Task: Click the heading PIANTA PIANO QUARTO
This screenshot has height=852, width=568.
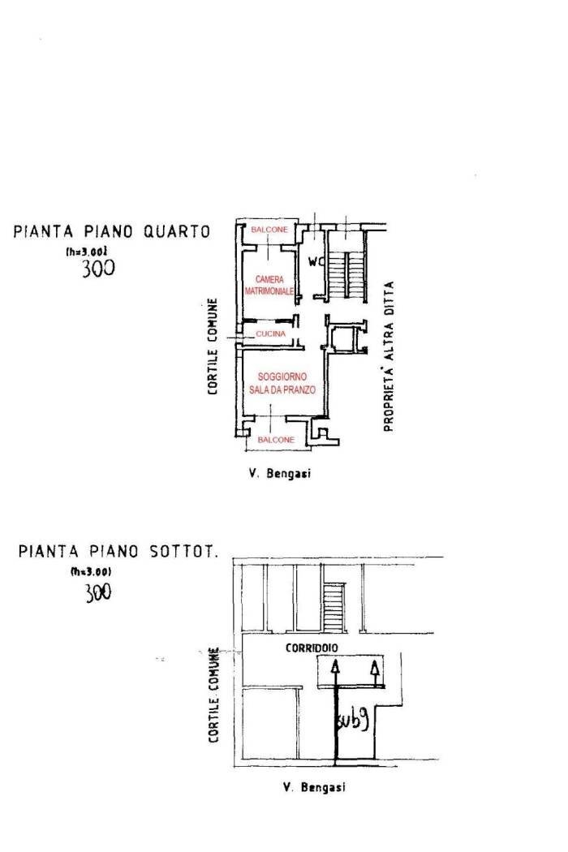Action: tap(112, 231)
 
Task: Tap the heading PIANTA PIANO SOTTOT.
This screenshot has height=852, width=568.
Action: tap(118, 553)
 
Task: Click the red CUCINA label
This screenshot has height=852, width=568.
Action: tap(270, 333)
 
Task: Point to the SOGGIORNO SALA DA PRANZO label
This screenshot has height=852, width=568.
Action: tap(282, 383)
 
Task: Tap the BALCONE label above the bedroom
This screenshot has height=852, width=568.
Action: tap(268, 231)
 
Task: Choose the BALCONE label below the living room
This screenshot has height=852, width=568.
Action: tap(276, 439)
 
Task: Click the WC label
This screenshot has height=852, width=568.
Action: tap(315, 261)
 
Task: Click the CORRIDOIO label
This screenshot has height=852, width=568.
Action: tap(312, 648)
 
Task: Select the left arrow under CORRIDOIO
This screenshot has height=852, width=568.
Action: tap(333, 671)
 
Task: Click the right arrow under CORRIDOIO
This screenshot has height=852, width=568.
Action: tap(374, 671)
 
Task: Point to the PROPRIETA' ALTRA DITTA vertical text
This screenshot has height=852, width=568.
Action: tap(389, 356)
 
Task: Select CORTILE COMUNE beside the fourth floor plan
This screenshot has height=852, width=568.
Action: tap(212, 347)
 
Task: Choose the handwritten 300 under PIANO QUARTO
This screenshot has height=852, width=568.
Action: tap(98, 269)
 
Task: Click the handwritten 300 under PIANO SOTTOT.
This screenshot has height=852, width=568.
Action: tap(98, 592)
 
